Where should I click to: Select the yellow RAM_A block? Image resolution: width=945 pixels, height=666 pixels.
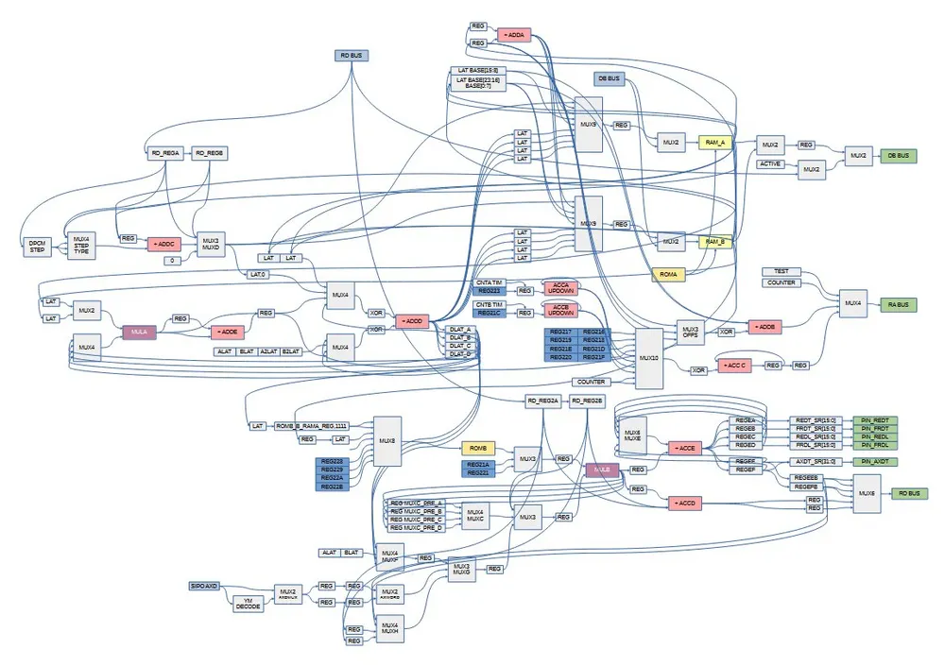[x=715, y=142]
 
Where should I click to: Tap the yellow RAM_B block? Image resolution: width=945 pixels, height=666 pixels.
[x=715, y=242]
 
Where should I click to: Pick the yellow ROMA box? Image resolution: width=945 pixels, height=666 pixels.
[x=669, y=274]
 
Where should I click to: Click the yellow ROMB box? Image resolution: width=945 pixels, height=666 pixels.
[x=478, y=447]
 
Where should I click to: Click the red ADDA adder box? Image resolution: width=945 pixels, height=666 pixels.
[x=513, y=35]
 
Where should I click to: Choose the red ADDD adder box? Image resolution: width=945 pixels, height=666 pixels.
[x=412, y=321]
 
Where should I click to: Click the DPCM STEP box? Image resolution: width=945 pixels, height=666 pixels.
[x=38, y=248]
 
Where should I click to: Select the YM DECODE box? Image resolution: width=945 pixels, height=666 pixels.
[x=248, y=605]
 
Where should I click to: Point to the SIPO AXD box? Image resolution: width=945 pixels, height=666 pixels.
[x=205, y=586]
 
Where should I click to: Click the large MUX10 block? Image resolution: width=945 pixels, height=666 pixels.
[x=648, y=358]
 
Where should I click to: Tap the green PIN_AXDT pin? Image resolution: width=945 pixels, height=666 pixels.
[x=874, y=461]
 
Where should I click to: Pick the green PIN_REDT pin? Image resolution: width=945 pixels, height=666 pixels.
[x=874, y=419]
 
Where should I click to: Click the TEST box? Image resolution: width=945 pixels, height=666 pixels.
[x=782, y=271]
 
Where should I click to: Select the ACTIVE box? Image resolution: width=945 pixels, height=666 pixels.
[x=771, y=164]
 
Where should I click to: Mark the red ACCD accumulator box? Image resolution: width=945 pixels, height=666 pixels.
[x=684, y=504]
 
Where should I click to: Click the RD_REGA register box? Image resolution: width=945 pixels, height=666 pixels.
[x=164, y=152]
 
